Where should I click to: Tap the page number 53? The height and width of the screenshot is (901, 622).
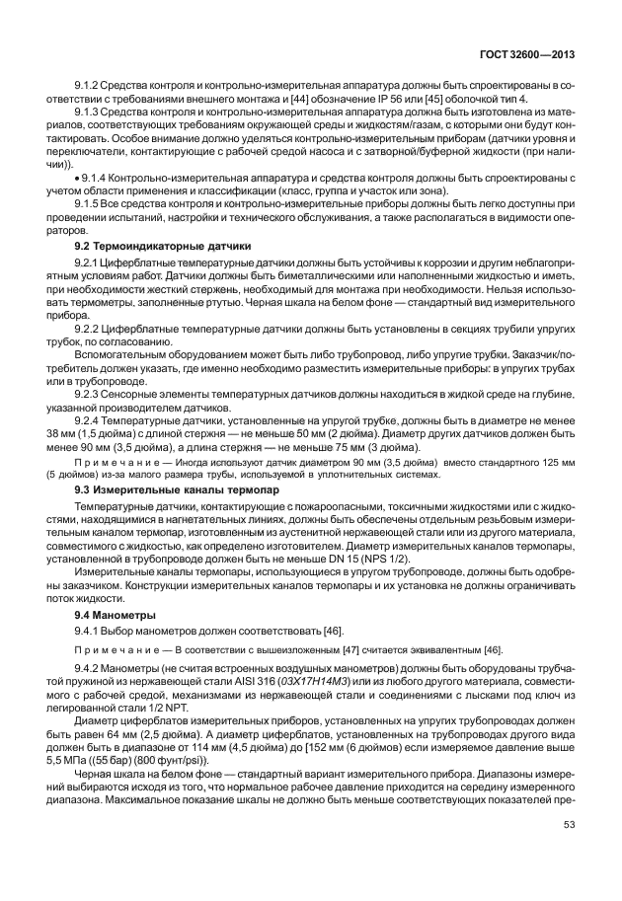tap(569, 855)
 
